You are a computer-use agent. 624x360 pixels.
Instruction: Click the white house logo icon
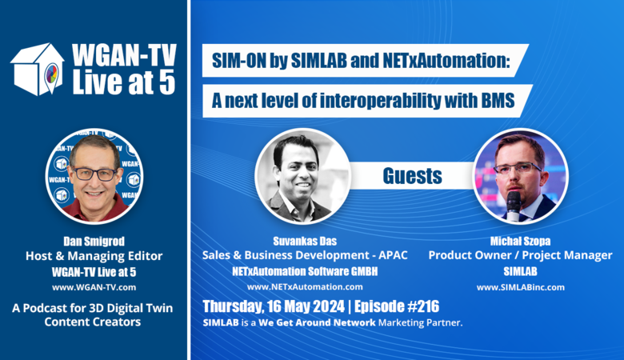[38, 69]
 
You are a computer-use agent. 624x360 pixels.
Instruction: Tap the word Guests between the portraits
[412, 176]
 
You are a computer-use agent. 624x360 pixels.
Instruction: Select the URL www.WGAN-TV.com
[94, 287]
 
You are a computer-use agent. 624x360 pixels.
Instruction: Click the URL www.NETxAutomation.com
[305, 287]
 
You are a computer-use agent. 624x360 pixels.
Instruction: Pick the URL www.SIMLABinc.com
[521, 287]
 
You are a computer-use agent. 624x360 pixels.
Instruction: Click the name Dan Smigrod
[94, 241]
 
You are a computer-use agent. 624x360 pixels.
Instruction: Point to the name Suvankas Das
[305, 241]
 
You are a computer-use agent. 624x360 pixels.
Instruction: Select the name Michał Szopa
[521, 241]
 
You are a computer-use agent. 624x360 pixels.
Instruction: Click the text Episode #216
[397, 306]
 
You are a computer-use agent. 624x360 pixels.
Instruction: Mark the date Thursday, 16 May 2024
[274, 306]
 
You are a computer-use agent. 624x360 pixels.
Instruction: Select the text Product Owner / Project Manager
[521, 255]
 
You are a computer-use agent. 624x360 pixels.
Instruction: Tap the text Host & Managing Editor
[94, 256]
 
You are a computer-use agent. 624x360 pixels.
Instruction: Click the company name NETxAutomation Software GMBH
[305, 272]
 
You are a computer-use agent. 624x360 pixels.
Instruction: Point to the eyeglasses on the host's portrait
[94, 174]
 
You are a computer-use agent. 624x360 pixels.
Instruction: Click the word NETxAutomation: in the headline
[446, 61]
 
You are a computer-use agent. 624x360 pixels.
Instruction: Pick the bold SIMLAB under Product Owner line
[521, 272]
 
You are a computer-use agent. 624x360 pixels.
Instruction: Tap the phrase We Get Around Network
[317, 322]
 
